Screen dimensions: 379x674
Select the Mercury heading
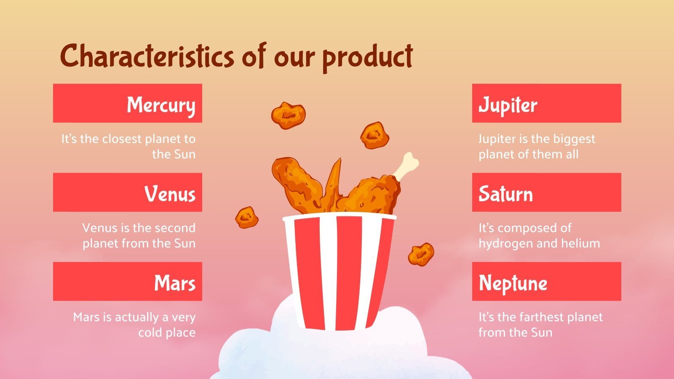pyautogui.click(x=161, y=104)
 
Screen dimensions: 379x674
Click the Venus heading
pyautogui.click(x=170, y=193)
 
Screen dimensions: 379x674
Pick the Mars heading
pyautogui.click(x=174, y=283)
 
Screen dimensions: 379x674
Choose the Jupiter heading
pyautogui.click(x=508, y=104)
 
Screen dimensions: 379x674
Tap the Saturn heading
pyautogui.click(x=505, y=193)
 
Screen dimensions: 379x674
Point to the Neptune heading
pyautogui.click(x=513, y=283)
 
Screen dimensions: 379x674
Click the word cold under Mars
pyautogui.click(x=150, y=332)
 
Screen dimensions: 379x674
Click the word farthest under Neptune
pyautogui.click(x=540, y=317)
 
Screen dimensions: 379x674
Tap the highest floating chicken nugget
pyautogui.click(x=288, y=115)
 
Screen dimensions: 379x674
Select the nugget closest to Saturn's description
pyautogui.click(x=421, y=254)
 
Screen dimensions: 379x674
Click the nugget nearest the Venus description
pyautogui.click(x=246, y=217)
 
